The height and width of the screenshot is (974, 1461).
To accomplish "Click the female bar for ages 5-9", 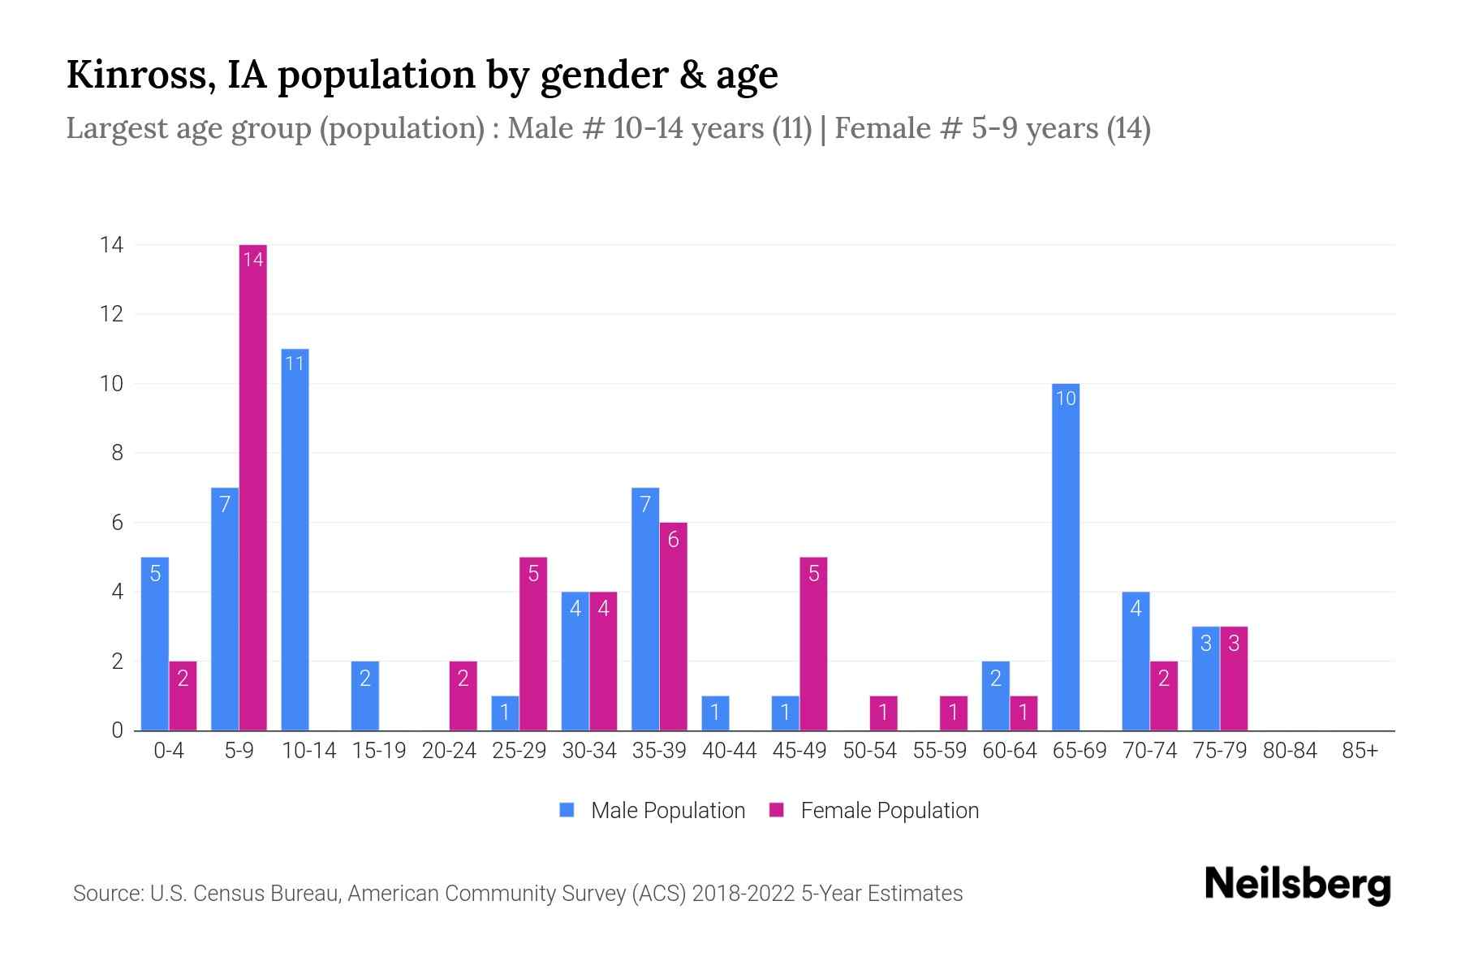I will (253, 487).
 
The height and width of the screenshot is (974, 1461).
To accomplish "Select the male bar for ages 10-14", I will (295, 540).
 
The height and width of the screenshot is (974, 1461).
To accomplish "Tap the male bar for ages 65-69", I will (1065, 557).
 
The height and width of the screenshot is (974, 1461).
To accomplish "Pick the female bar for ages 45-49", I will (813, 644).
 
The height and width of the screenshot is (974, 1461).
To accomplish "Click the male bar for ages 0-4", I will (155, 644).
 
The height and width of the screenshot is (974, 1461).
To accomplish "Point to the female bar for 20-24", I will (463, 696).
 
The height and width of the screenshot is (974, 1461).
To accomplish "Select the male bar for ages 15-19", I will (365, 696).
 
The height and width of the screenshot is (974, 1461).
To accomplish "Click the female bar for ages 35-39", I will (673, 626).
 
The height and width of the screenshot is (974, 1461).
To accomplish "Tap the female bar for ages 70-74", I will (1163, 696).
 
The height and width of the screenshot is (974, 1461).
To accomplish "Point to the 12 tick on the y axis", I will (112, 314).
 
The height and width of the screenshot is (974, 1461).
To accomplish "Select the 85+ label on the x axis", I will (1360, 751).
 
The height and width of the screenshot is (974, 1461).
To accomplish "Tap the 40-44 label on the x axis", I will (729, 751).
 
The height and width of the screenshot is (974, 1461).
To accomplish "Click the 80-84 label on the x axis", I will (1290, 751).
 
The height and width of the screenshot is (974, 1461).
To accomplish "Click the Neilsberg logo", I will (1297, 885).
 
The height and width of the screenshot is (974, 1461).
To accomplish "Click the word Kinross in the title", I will (134, 75).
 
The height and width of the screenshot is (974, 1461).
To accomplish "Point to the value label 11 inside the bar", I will (295, 363).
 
